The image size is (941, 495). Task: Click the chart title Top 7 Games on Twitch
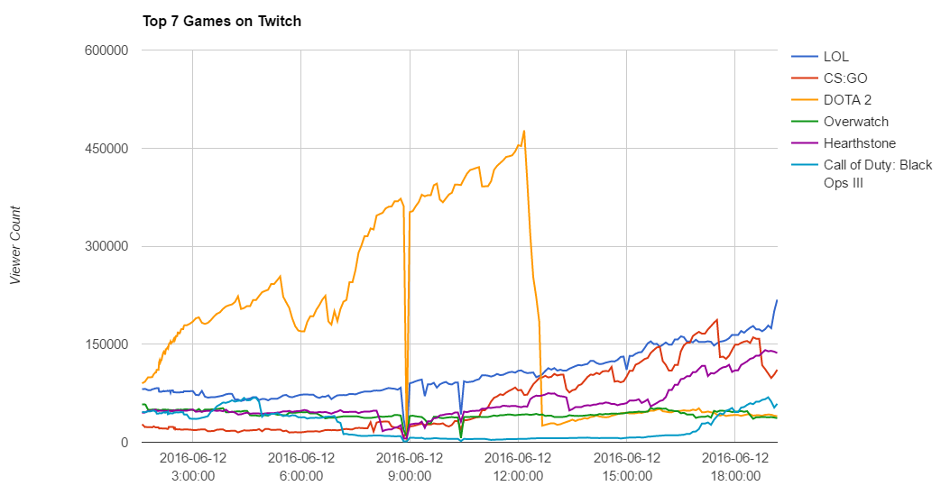point(222,21)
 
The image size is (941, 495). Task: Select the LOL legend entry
point(836,57)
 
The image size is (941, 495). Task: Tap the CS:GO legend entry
point(845,78)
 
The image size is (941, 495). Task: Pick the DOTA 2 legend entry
point(847,100)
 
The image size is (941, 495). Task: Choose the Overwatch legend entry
point(855,122)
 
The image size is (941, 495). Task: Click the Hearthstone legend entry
point(859,143)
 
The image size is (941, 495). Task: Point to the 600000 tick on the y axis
point(101,50)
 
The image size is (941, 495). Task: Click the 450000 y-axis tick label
point(101,149)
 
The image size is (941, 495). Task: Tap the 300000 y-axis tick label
point(101,246)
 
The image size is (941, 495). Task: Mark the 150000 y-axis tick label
point(101,344)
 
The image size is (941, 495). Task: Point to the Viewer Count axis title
point(15,245)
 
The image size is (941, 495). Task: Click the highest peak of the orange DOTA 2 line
point(524,131)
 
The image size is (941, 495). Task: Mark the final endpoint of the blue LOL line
point(777,300)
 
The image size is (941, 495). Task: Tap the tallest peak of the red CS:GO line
point(717,319)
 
